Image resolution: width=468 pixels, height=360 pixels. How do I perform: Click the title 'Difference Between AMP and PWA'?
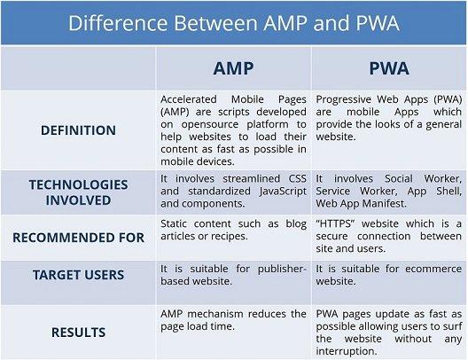click(234, 23)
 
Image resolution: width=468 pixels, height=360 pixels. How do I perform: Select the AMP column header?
click(234, 69)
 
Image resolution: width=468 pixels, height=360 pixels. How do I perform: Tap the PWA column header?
click(389, 69)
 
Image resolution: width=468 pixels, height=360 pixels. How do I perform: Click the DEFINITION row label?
click(78, 130)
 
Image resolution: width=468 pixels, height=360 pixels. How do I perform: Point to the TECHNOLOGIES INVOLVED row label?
click(78, 192)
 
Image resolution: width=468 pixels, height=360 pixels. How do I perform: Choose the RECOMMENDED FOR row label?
click(78, 238)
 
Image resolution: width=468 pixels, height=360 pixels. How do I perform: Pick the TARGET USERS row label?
click(78, 275)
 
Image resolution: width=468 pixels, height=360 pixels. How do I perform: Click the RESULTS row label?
click(78, 333)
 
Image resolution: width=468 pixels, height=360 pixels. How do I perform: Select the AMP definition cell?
click(233, 130)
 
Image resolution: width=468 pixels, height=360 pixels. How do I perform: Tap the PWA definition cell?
click(388, 115)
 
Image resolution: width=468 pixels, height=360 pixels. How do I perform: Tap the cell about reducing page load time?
click(233, 320)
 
